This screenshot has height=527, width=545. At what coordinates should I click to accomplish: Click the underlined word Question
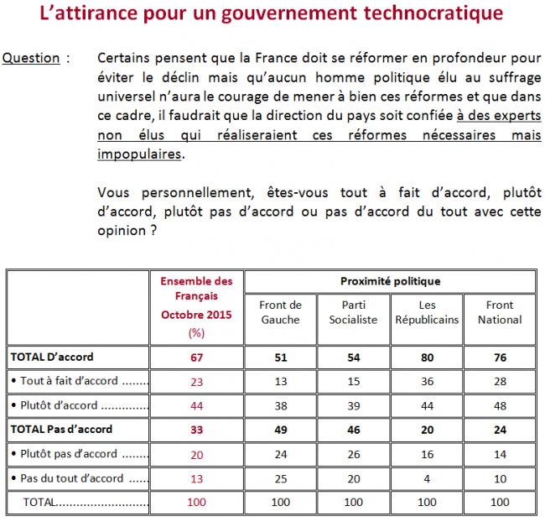point(31,58)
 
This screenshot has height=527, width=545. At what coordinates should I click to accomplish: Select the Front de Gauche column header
point(281,312)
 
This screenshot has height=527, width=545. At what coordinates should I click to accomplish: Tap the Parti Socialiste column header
point(354,312)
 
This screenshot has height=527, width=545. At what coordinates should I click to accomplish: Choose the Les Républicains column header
point(427,312)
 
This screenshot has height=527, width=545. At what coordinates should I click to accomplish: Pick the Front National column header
point(500,312)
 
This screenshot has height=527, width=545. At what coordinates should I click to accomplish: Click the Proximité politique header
point(391,281)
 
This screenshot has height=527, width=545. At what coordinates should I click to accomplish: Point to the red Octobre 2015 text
point(196,315)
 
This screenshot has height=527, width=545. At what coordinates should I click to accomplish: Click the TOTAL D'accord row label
point(52,357)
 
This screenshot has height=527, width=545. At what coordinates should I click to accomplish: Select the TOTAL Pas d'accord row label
point(61,430)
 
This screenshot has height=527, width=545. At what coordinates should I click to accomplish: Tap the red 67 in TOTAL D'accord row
point(196,357)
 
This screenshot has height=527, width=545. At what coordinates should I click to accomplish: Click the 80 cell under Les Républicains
point(427,357)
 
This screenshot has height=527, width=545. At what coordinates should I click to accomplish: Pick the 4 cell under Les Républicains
point(427,479)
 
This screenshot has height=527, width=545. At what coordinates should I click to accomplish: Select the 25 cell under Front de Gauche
point(281,479)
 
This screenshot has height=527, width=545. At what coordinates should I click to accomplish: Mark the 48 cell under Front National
point(501,406)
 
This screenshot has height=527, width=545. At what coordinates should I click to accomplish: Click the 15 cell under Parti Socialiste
point(354,382)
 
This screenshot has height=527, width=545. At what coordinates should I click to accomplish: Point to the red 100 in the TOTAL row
point(197,503)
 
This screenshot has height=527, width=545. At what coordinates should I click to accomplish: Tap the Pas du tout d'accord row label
point(72,478)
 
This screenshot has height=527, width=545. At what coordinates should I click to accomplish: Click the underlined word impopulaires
point(139,154)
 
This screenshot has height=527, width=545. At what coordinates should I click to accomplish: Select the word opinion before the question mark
point(122,231)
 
